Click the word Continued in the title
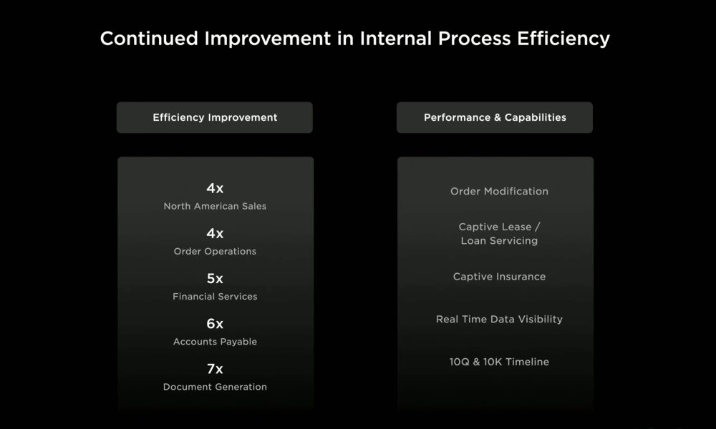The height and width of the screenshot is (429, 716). [149, 39]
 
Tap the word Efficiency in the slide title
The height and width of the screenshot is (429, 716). [563, 39]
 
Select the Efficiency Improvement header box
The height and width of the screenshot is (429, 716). [215, 118]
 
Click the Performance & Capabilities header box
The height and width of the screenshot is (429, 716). [495, 118]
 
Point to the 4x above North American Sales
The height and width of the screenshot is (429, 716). [215, 188]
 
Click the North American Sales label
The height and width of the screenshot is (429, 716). [215, 206]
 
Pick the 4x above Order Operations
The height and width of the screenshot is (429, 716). [215, 233]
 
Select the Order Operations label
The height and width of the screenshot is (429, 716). [215, 251]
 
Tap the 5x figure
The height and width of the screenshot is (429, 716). [215, 279]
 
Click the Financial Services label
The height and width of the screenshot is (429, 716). [215, 296]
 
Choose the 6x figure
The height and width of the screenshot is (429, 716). [215, 324]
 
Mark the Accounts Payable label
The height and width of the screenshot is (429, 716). [215, 342]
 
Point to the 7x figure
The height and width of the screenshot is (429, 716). [215, 369]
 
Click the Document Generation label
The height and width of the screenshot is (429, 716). [215, 387]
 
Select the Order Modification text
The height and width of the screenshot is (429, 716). [499, 192]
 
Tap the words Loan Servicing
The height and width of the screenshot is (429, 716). [499, 241]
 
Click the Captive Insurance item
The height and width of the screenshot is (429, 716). [499, 277]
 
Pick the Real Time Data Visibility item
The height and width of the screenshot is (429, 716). [499, 319]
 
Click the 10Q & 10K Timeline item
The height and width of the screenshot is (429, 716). [499, 362]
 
